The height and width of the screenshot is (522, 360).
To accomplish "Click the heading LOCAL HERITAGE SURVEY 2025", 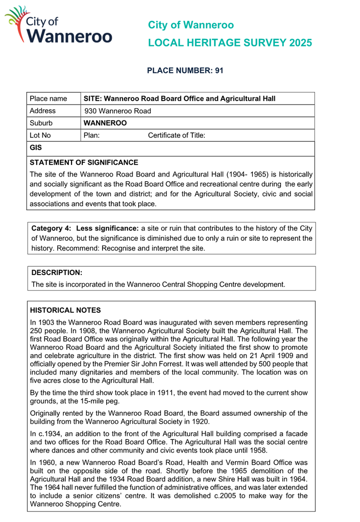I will (x=229, y=43).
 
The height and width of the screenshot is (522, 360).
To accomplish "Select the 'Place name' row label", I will (x=49, y=97).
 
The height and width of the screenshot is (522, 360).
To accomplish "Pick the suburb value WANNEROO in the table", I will (x=105, y=123).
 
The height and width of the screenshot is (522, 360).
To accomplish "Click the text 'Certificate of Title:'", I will (x=177, y=136).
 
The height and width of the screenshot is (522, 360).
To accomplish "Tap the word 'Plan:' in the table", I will (x=92, y=136).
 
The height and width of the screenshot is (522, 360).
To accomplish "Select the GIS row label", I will (x=36, y=148).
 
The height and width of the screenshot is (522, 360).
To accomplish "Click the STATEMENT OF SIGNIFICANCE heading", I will (x=84, y=163).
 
